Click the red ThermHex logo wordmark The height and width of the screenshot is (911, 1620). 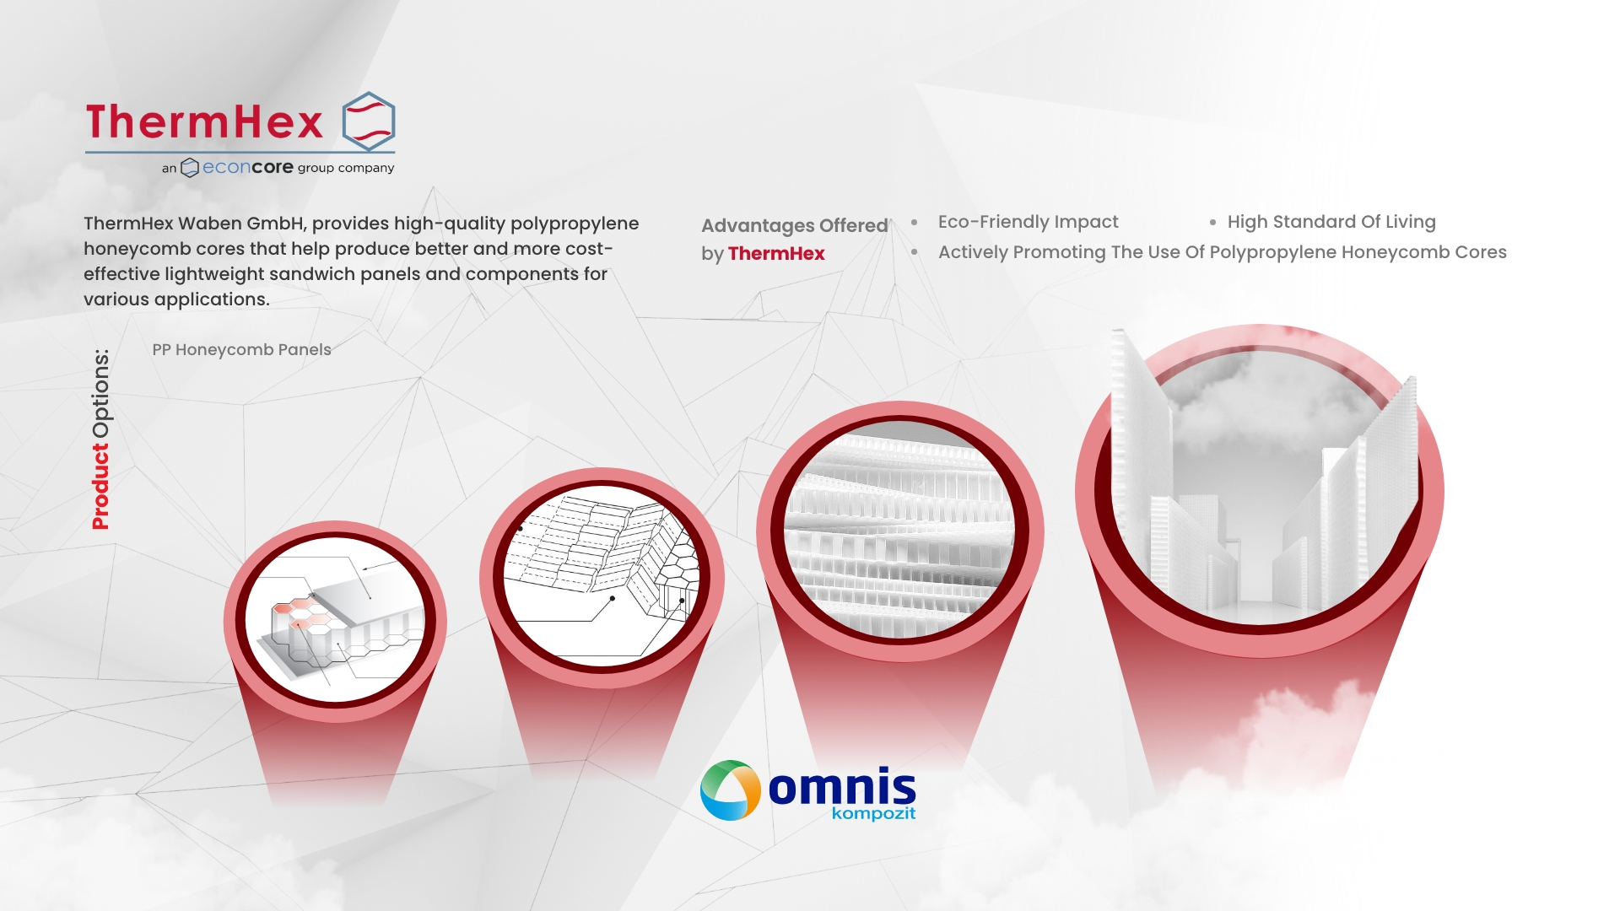coord(204,121)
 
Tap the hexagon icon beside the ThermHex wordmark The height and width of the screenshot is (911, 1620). coord(369,121)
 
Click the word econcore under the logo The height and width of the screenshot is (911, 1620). coord(248,167)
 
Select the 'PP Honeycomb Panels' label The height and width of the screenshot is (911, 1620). coord(241,349)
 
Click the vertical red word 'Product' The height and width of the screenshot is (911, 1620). coord(100,487)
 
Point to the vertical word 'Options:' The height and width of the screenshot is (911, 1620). coord(100,394)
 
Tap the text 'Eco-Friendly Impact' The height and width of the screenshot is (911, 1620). coord(1028,222)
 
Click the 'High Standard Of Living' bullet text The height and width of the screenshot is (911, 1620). coord(1331,222)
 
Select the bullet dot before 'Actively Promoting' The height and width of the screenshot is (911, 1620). coord(914,252)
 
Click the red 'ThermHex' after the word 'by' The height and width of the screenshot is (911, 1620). coord(776,253)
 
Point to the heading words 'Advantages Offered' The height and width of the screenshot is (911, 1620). coord(795,225)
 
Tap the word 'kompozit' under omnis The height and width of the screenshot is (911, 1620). coord(873,814)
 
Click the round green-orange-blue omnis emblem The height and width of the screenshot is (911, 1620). coord(731,790)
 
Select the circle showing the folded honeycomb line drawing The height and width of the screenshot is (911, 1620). coord(602,578)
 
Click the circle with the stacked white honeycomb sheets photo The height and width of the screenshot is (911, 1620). coord(899,531)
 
